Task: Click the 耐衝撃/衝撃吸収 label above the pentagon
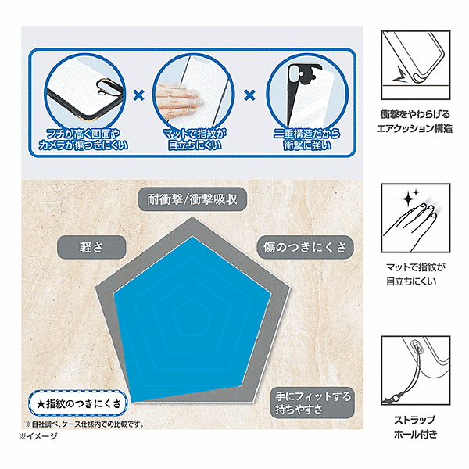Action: (x=192, y=199)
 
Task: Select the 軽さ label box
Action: (x=91, y=247)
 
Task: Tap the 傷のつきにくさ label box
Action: (x=305, y=247)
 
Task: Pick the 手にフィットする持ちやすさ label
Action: (x=313, y=403)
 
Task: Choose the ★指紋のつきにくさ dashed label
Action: (x=78, y=403)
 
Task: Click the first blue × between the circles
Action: (x=139, y=95)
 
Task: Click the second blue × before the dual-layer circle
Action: (x=250, y=95)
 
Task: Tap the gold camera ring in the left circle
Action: (x=104, y=87)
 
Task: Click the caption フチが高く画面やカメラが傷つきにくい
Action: (x=83, y=139)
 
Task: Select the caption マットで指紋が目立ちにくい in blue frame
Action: (x=195, y=139)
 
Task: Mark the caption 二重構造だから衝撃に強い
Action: (x=307, y=139)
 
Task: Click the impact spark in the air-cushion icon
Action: (x=399, y=76)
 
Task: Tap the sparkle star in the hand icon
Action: (x=408, y=199)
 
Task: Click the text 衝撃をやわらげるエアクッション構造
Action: (x=414, y=121)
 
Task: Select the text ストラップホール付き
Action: (x=416, y=427)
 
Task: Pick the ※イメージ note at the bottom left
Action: (x=38, y=436)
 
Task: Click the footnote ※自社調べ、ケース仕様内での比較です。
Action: (x=85, y=424)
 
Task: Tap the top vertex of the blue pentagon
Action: (x=192, y=236)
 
